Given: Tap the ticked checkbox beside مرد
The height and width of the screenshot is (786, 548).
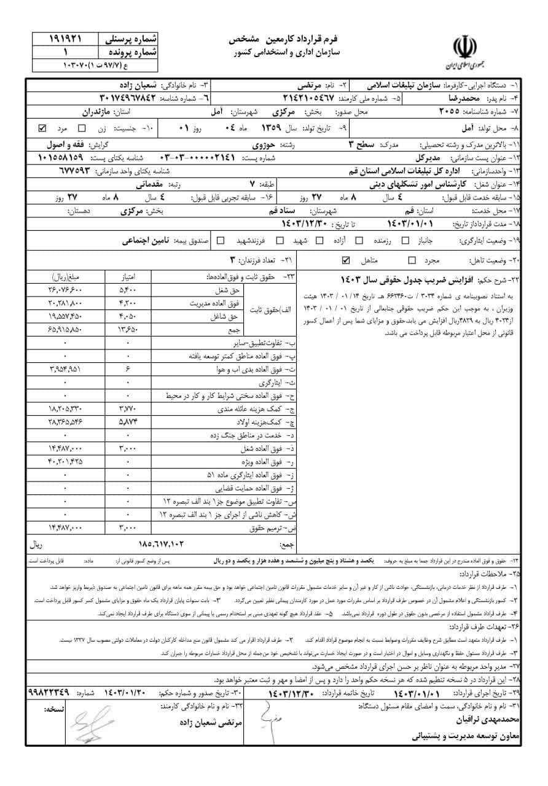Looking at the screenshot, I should point(42,129).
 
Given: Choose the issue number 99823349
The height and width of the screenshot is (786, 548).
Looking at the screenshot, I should point(52,692).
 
